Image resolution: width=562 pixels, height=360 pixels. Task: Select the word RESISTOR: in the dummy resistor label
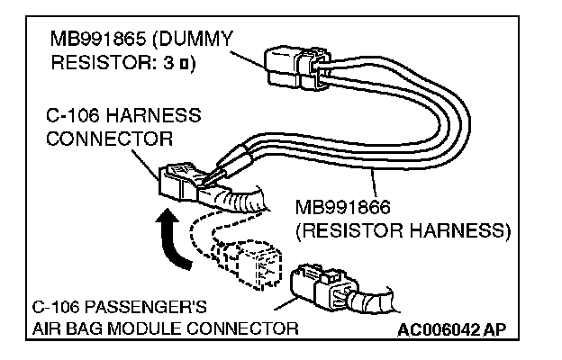[99, 64]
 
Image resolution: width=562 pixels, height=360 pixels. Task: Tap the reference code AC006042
[439, 328]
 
